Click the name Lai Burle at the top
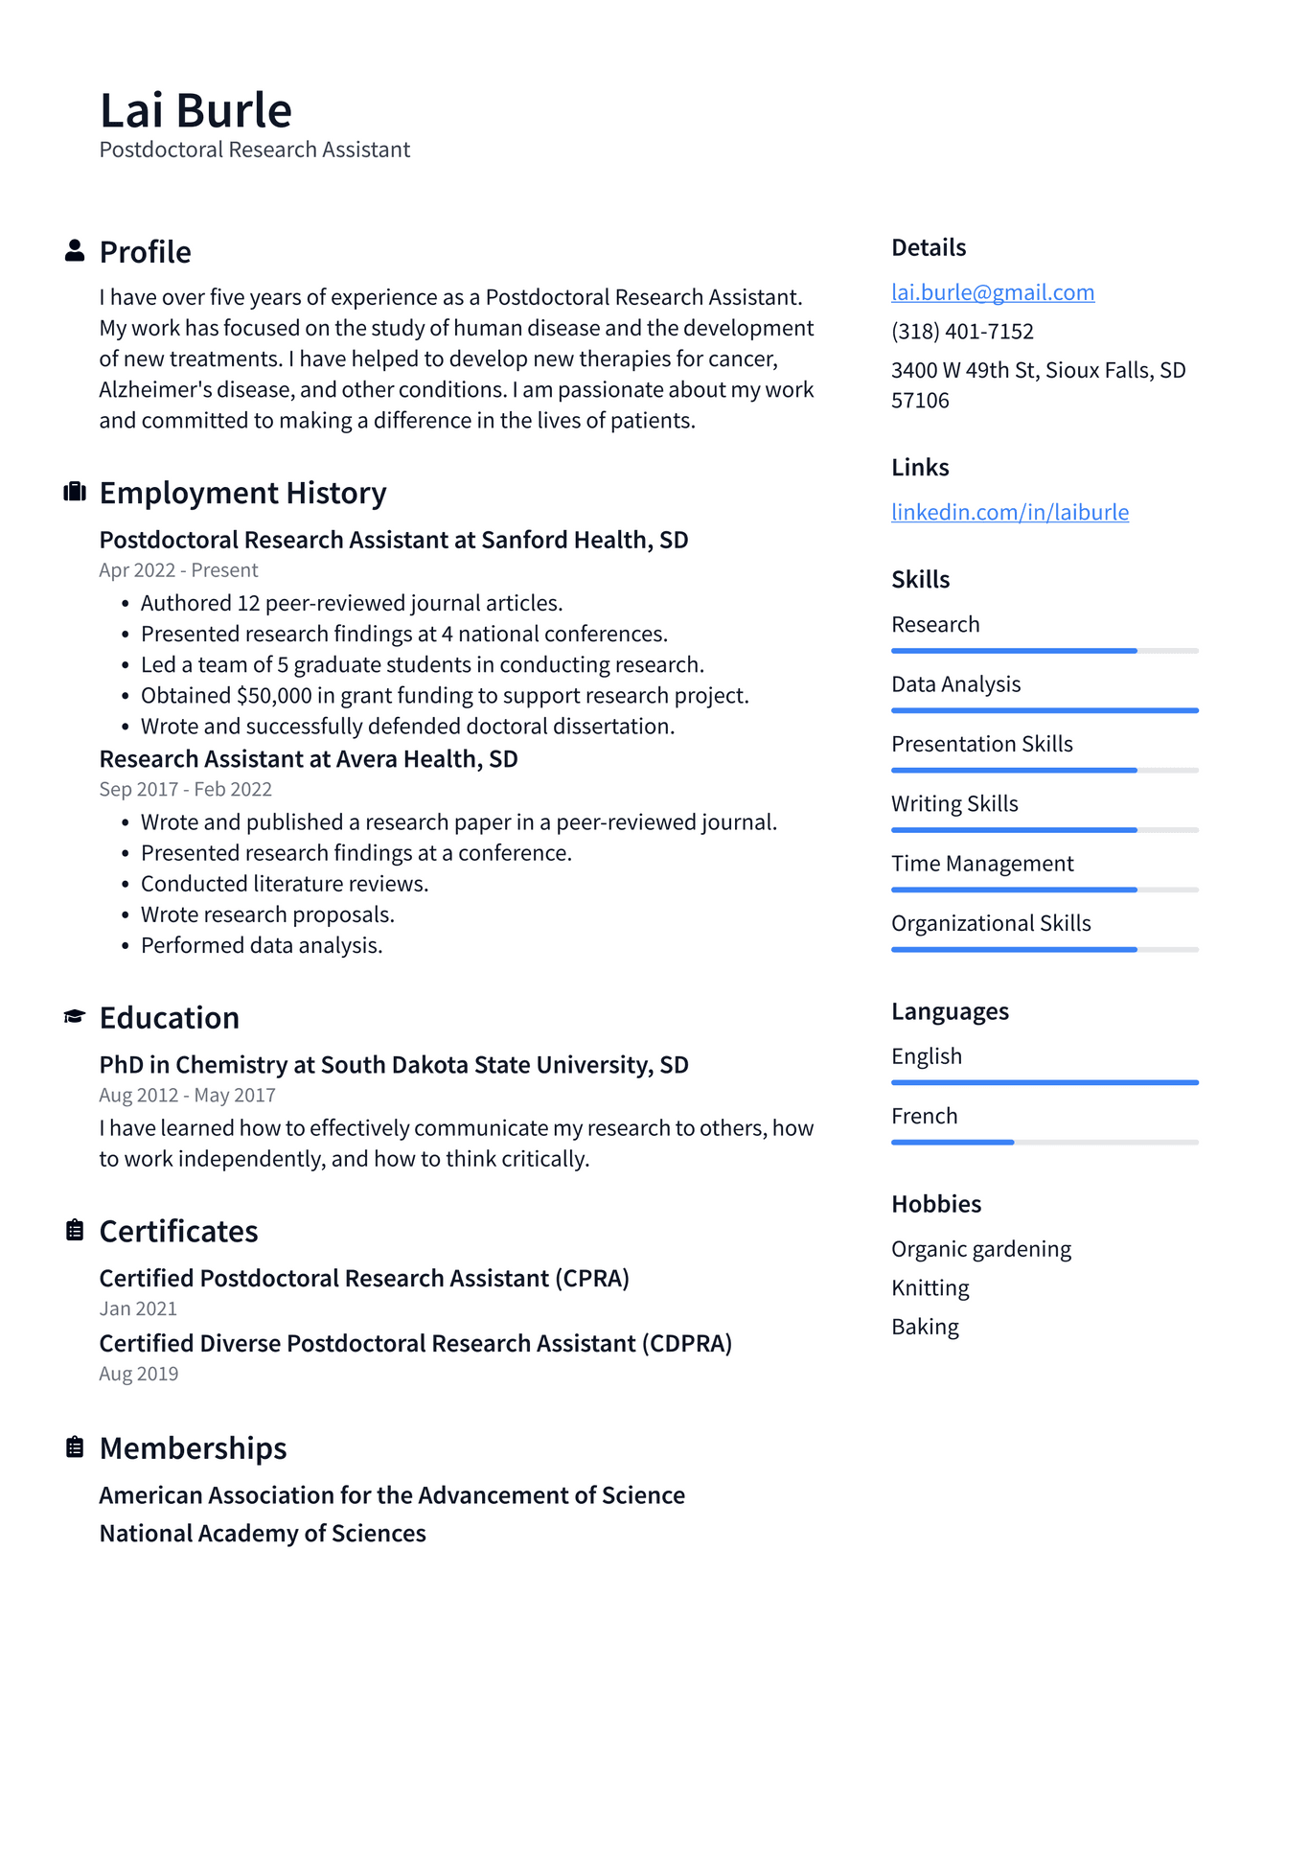pos(195,110)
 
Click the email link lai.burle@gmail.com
pos(992,292)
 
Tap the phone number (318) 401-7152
pos(962,332)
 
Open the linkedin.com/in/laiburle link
pos(1009,512)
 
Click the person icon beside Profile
pos(75,251)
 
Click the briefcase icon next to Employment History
pos(75,492)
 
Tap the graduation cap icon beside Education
pos(75,1016)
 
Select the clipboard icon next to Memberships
pos(75,1446)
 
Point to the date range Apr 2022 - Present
pos(178,570)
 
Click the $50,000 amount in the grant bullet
pos(274,696)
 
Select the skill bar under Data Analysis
pos(1044,710)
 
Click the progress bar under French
pos(1044,1142)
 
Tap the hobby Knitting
pos(930,1288)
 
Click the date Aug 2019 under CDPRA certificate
pos(139,1374)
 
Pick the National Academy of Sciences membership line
pos(263,1534)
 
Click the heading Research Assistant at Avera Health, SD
pos(309,759)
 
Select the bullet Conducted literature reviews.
pos(284,884)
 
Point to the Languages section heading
pos(950,1011)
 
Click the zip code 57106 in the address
pos(920,401)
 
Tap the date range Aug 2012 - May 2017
pos(187,1096)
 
